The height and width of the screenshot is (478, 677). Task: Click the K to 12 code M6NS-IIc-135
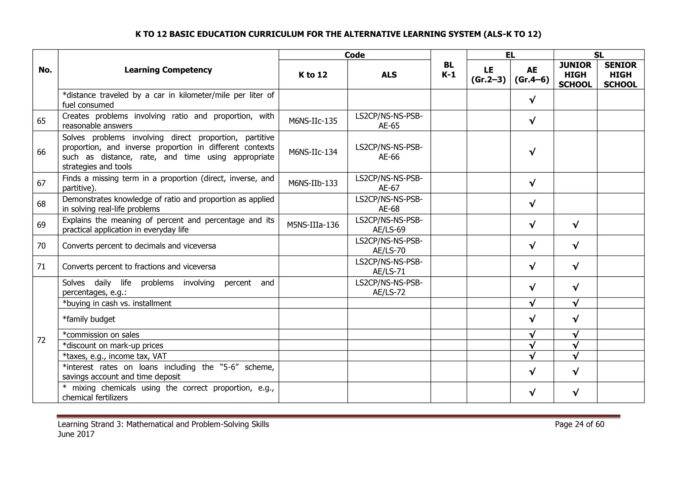[313, 121]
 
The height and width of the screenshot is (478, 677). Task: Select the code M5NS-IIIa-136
[313, 225]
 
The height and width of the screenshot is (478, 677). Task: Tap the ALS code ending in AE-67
[389, 183]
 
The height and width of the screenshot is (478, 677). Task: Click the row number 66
[41, 152]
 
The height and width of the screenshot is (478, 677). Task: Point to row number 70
[41, 246]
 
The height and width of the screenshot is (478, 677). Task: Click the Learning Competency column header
[168, 70]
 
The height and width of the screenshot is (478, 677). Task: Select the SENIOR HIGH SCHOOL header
[620, 75]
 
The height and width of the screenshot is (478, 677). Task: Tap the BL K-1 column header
[448, 70]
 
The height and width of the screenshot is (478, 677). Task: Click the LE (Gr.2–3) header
[488, 75]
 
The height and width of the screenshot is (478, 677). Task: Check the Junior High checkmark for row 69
[575, 225]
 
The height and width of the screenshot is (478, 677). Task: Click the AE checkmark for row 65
[532, 121]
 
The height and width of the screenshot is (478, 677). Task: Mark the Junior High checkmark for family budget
[575, 319]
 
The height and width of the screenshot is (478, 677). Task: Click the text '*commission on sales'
[101, 335]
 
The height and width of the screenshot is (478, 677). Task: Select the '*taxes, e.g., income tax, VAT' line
[114, 356]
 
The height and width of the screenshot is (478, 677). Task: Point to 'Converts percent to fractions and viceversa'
[139, 266]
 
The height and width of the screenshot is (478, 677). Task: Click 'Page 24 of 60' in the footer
[579, 424]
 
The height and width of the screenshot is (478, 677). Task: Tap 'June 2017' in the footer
[76, 434]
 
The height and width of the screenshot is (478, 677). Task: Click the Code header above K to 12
[354, 55]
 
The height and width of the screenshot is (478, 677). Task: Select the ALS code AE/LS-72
[389, 287]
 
